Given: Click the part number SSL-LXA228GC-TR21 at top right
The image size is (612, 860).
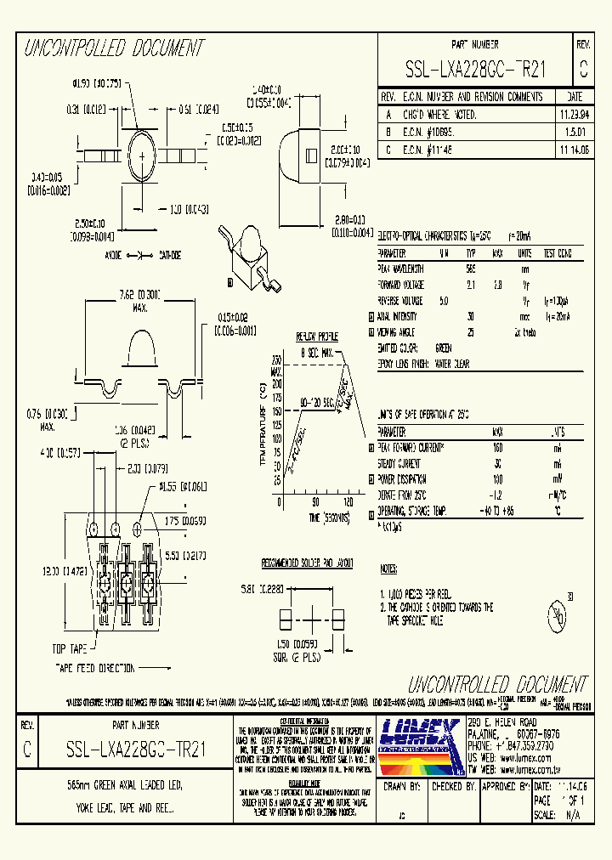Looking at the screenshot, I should click(475, 71).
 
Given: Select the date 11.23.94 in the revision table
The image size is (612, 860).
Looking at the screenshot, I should click(573, 114).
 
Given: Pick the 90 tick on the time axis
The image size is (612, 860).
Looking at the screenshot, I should click(315, 501).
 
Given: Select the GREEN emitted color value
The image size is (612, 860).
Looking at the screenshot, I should click(443, 348).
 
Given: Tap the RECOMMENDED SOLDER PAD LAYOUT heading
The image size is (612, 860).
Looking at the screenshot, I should click(307, 563).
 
